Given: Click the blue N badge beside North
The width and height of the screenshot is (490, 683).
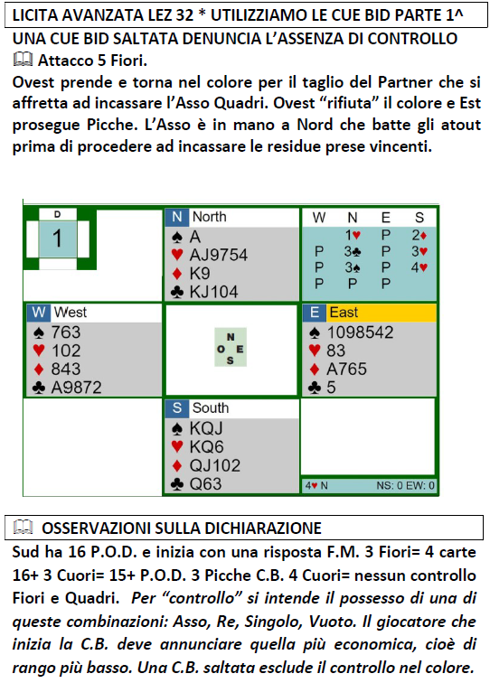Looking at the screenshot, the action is [177, 217].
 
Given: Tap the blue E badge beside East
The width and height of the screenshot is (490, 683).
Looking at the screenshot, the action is [315, 313].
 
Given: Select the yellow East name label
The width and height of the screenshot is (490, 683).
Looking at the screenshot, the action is [382, 313].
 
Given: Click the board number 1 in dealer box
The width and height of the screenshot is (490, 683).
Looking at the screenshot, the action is [57, 239].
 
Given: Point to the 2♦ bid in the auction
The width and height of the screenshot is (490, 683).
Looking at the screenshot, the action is [419, 235].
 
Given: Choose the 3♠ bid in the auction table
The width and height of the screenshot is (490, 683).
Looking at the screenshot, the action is [353, 267].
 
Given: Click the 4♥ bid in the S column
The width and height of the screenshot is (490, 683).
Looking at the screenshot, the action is [419, 267].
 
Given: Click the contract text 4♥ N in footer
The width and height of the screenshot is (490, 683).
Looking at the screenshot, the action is [316, 485].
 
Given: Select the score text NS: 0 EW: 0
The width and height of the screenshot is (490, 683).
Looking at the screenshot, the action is [405, 485].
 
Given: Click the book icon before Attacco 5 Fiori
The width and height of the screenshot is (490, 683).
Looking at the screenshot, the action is [24, 60].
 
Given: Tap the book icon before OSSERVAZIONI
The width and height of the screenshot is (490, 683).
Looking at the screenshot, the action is [24, 527].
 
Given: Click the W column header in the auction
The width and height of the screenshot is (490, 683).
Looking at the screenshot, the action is [319, 218].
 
